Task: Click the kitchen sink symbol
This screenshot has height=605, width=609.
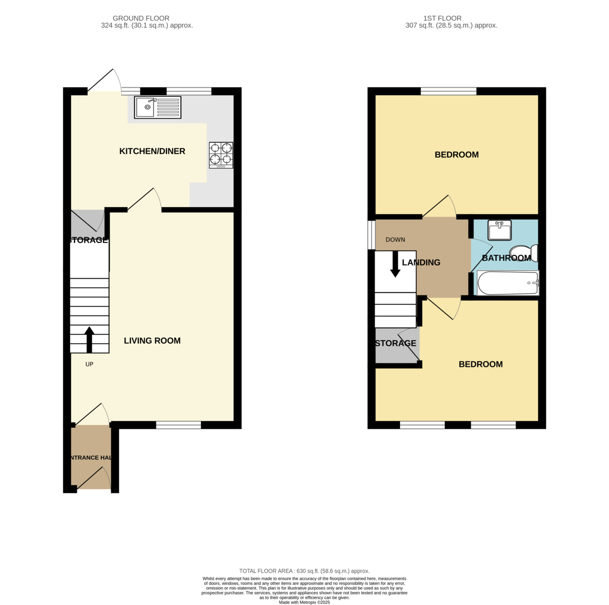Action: (157, 107)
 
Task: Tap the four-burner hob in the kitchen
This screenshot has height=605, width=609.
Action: (221, 155)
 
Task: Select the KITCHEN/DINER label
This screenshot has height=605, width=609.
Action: (152, 151)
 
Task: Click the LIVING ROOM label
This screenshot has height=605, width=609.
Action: (152, 341)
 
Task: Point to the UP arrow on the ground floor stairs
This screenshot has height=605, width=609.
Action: (89, 340)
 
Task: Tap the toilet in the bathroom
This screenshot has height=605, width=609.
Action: (524, 253)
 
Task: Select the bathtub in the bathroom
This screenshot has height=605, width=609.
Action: (507, 283)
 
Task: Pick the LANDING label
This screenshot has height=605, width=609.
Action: (421, 262)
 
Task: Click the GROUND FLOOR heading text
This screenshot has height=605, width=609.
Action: (141, 18)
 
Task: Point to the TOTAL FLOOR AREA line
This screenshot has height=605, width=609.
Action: (304, 571)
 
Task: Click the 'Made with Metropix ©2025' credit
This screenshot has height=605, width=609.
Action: (304, 602)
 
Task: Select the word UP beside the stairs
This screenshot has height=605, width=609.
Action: (89, 364)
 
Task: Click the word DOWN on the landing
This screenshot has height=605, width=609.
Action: (395, 240)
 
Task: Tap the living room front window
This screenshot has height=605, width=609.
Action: (179, 425)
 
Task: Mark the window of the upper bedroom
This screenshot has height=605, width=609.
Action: (449, 91)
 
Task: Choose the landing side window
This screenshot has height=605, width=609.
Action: (371, 235)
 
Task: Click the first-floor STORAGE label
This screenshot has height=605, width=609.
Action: (396, 344)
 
